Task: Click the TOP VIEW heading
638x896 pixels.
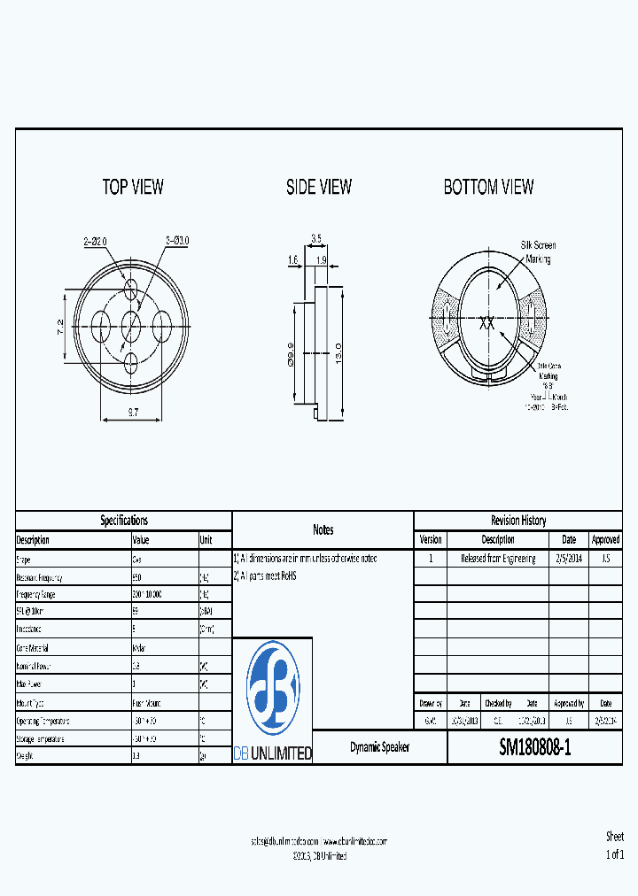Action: tap(133, 187)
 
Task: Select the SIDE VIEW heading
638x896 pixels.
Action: tap(319, 187)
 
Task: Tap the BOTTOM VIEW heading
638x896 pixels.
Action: tap(488, 187)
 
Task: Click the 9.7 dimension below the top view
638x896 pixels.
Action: tap(133, 413)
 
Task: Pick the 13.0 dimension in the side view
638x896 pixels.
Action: tap(338, 354)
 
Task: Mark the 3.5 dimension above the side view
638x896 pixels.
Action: tap(316, 238)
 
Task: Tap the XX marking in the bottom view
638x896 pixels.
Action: tap(486, 323)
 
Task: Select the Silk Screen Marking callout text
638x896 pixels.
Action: tap(538, 251)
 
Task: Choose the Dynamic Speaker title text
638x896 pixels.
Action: tap(380, 748)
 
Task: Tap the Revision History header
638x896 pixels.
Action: tap(518, 521)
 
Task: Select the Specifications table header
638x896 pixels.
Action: tap(124, 521)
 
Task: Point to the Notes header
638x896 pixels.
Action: tap(323, 529)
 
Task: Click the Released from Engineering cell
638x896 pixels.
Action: tap(498, 559)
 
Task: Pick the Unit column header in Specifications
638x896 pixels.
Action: tap(206, 540)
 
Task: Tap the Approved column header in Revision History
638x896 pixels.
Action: tap(605, 539)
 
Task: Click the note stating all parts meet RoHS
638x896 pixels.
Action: tap(265, 575)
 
